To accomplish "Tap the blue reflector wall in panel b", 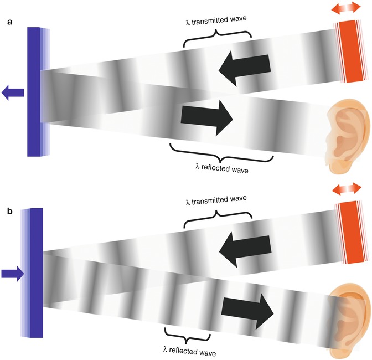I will pos(37,271).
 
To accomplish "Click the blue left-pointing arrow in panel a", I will pos(13,93).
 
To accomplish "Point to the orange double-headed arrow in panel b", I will pos(347,190).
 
